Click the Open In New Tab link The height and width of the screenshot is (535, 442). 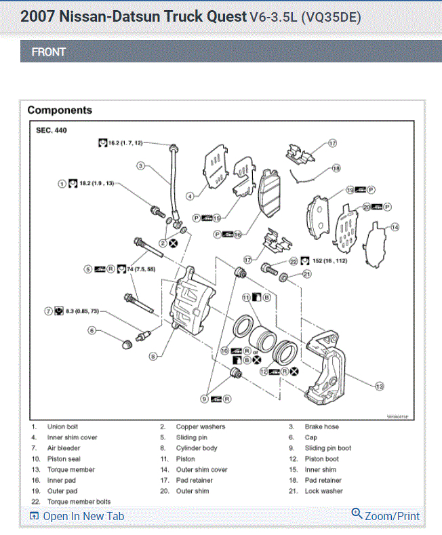pos(83,516)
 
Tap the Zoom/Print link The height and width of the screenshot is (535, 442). pos(392,516)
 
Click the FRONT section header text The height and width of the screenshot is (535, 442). pos(49,52)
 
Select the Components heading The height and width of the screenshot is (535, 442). pos(60,110)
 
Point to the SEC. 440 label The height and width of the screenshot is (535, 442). pos(51,130)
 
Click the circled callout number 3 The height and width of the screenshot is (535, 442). pos(141,165)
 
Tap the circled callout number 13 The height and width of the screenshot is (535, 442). pos(380,386)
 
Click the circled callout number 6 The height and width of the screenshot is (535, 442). pos(92,331)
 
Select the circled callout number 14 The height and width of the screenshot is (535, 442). pos(395,227)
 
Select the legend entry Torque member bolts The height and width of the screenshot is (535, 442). pos(79,502)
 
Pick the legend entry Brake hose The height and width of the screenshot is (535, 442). pos(322,427)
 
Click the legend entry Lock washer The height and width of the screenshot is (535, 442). pos(324,491)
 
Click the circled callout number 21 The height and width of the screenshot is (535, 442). pos(306,275)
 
